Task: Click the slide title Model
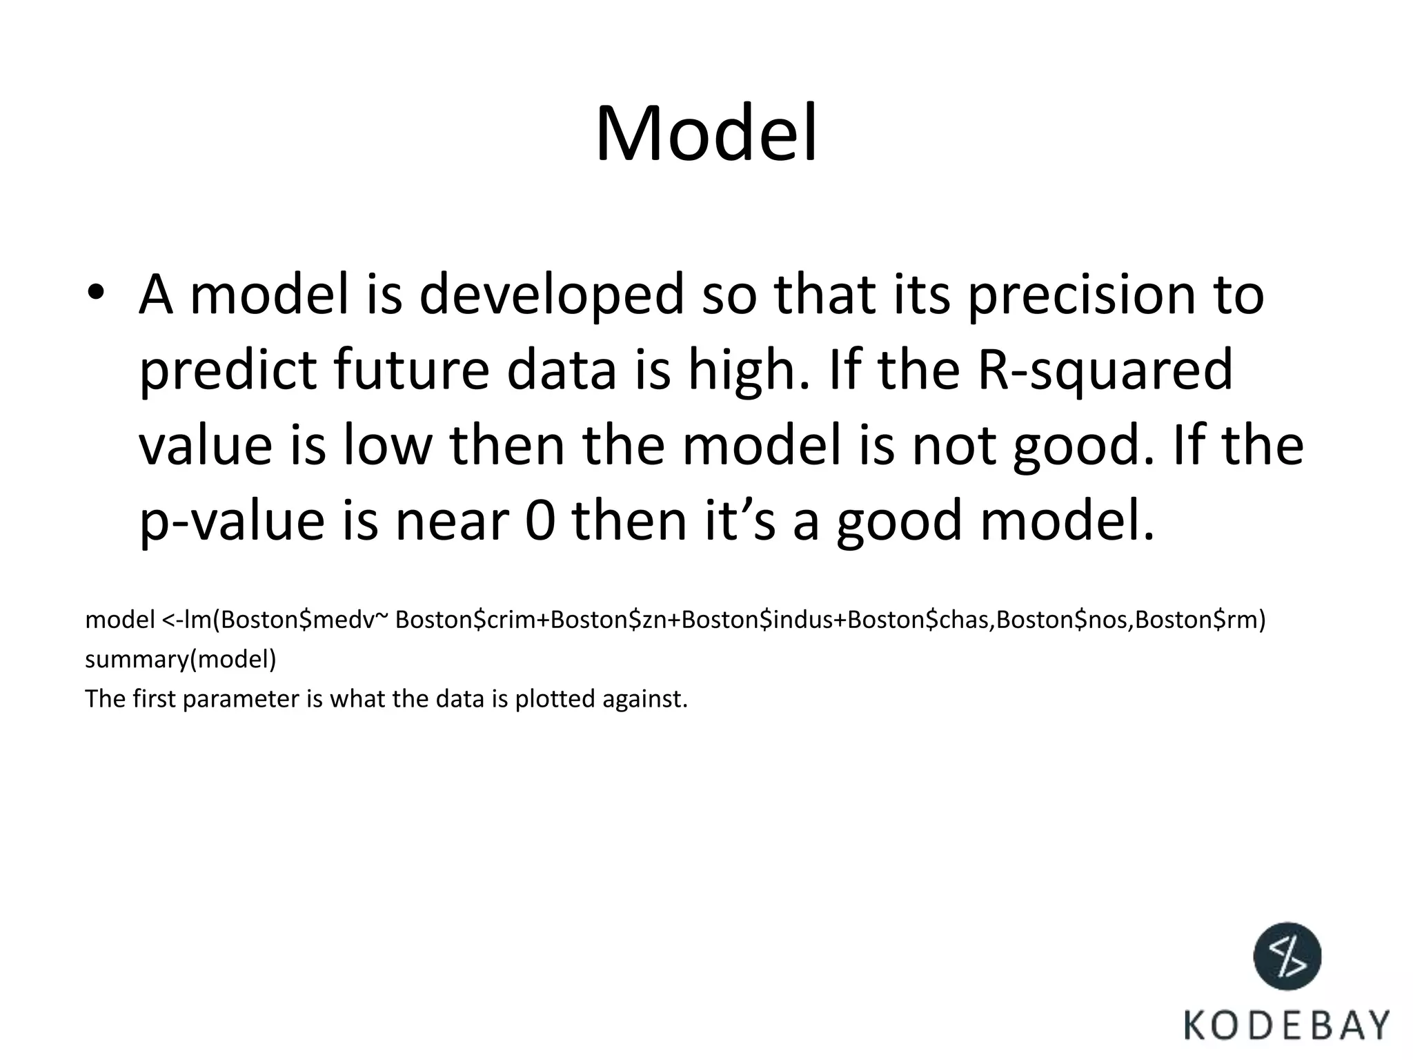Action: pyautogui.click(x=706, y=133)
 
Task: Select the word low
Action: pyautogui.click(x=386, y=445)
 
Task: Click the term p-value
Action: pyautogui.click(x=232, y=521)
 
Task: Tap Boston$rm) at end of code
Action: pyautogui.click(x=1200, y=620)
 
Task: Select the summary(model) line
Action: pyautogui.click(x=180, y=660)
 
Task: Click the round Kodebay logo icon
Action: pyautogui.click(x=1287, y=956)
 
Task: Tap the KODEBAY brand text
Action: pyautogui.click(x=1287, y=1025)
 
